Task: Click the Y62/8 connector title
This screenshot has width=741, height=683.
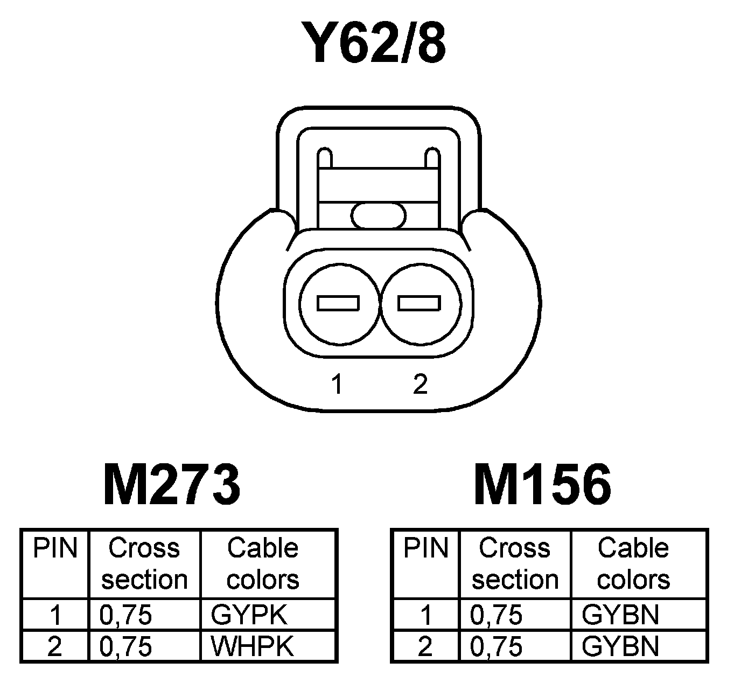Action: tap(374, 43)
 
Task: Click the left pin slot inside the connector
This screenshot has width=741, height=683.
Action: tap(338, 303)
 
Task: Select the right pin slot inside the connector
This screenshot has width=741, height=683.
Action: tap(420, 303)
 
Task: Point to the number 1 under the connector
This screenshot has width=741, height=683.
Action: tap(338, 385)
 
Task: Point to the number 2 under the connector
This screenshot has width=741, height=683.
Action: tap(420, 385)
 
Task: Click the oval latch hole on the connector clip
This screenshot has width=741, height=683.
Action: tap(378, 216)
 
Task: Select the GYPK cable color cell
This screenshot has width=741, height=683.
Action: tap(249, 615)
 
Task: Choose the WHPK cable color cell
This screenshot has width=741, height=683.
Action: tap(252, 646)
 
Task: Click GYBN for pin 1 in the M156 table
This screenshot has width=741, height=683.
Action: tap(620, 615)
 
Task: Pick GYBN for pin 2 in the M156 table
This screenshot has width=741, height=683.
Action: tap(620, 646)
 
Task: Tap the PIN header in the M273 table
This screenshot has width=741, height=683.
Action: tap(55, 548)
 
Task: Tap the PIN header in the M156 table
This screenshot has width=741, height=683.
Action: tap(425, 548)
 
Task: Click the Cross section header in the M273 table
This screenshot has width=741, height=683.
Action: tap(144, 563)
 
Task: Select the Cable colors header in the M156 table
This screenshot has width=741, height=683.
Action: tap(633, 563)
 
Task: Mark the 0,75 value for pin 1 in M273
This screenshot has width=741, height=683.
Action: tap(126, 615)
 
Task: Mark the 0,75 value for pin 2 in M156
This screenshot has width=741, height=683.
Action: tap(496, 646)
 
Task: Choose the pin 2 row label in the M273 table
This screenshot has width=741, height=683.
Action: tap(55, 646)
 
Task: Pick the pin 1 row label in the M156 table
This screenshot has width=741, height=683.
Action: tap(426, 615)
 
